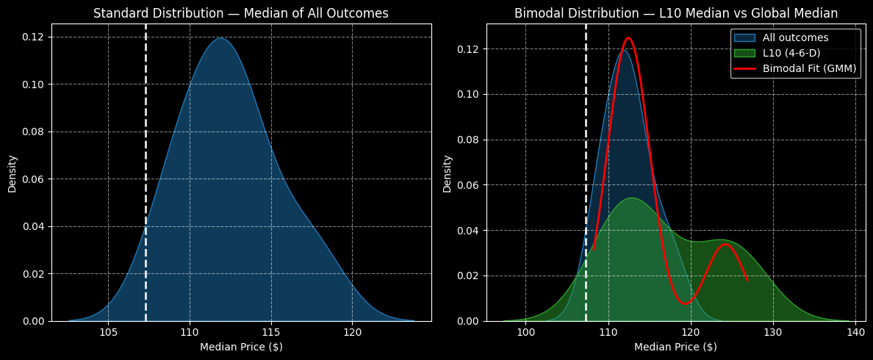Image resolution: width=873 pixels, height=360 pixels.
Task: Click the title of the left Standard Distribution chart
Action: [241, 13]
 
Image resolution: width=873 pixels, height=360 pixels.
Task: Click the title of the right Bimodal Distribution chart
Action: [675, 13]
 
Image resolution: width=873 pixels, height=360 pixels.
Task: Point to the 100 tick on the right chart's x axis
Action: [525, 332]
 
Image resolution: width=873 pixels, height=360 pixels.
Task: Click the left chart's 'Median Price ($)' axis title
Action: [241, 347]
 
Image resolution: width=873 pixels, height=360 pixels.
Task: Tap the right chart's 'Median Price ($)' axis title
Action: [675, 347]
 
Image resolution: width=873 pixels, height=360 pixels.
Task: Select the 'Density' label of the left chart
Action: [12, 173]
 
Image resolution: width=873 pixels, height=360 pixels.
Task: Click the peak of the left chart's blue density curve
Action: [220, 38]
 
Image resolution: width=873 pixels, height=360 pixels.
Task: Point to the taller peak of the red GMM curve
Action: [628, 38]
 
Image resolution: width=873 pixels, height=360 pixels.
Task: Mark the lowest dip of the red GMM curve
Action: [686, 303]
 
